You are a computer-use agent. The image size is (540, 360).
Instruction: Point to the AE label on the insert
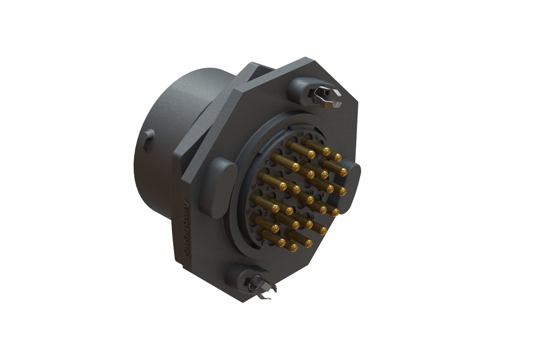301,133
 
